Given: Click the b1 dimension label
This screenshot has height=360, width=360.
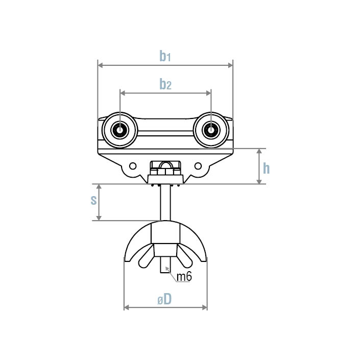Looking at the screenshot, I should coord(164,56).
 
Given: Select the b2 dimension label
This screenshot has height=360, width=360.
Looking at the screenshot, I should coord(164,84).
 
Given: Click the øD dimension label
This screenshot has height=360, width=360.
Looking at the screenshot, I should coord(164,300).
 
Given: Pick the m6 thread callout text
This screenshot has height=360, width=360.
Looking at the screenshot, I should coord(184,277).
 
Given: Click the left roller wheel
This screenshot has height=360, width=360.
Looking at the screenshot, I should coord(119,130).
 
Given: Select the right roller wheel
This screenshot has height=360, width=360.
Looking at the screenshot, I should coord(210,130).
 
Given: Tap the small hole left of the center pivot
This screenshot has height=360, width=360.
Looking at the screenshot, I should coord(133,166).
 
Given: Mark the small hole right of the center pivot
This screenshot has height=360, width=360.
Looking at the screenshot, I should coord(197,166).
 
